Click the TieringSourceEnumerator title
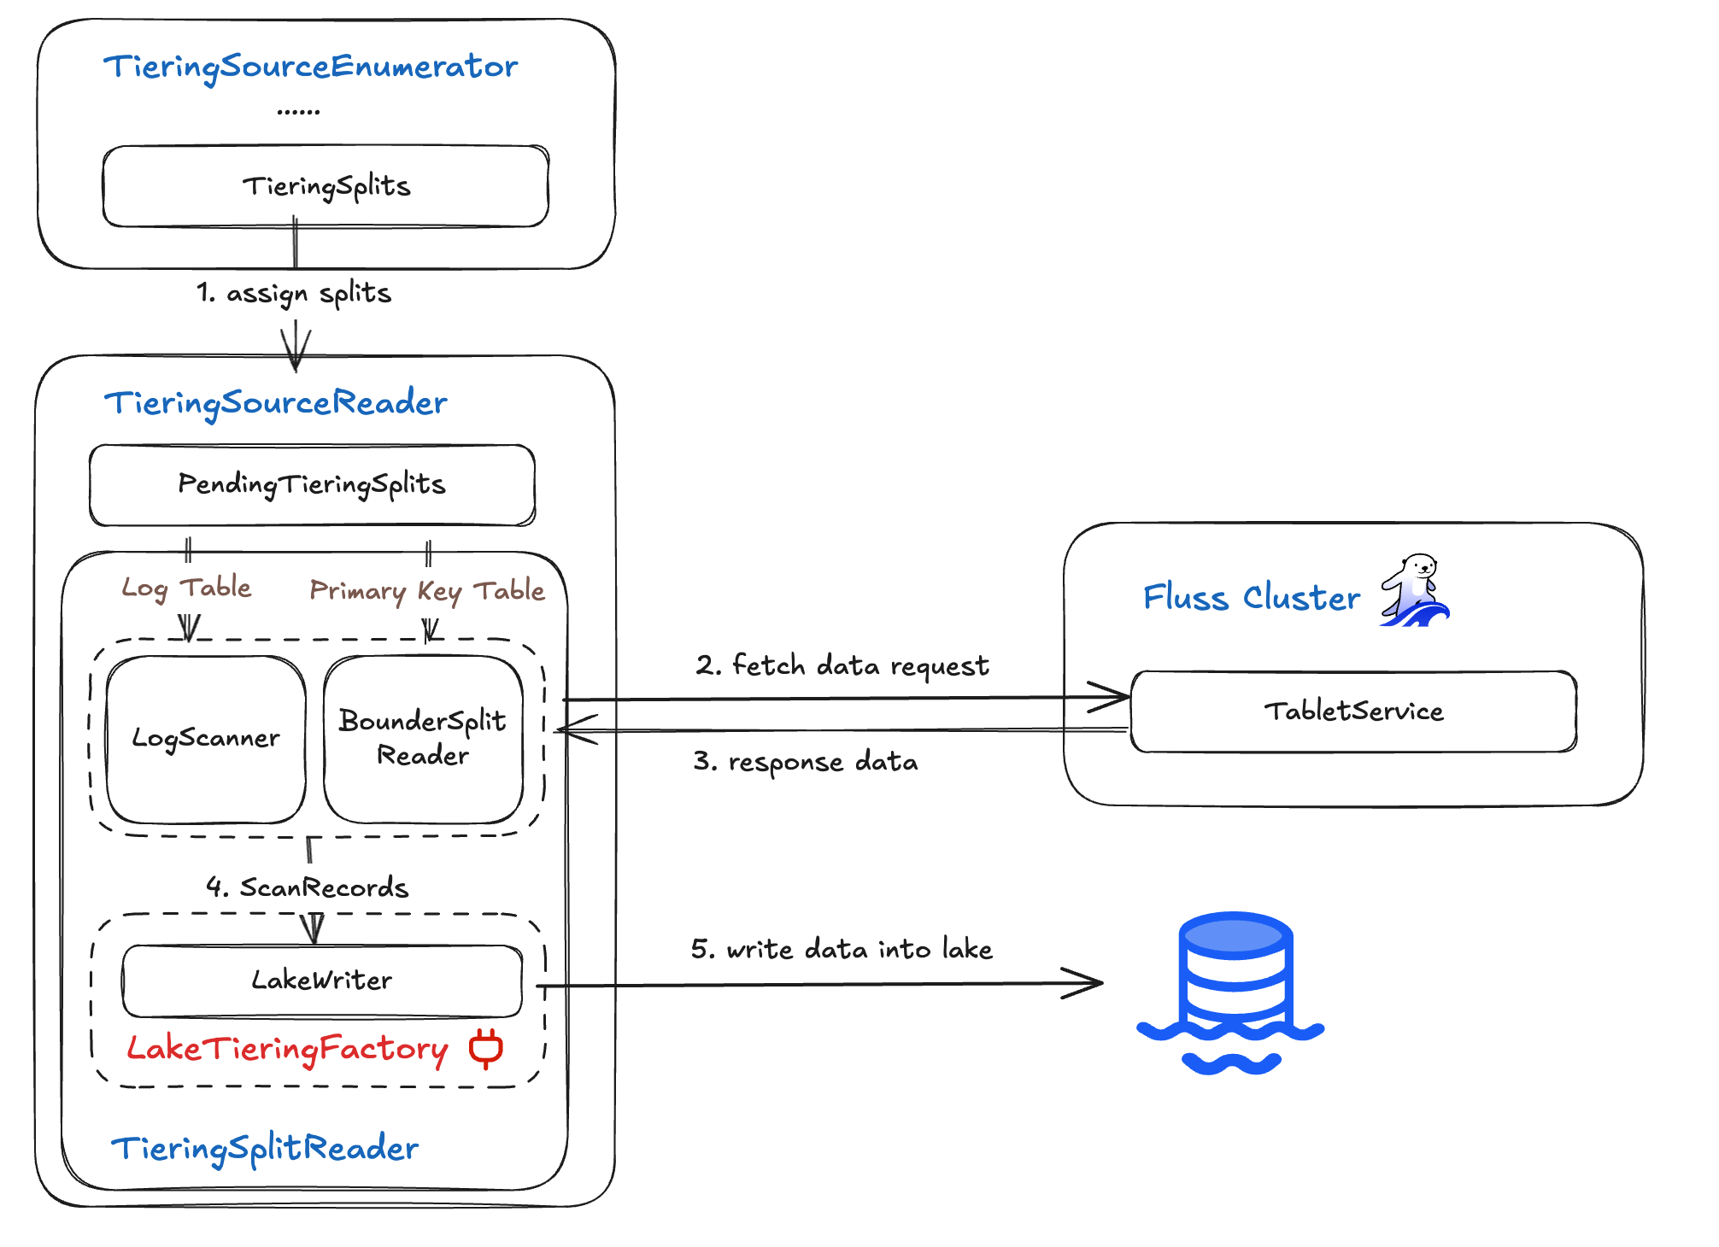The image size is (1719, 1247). point(310,67)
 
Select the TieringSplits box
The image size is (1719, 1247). point(326,186)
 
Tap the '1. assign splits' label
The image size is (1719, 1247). point(294,293)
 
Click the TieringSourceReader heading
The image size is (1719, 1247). point(275,402)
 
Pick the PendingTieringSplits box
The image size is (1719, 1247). point(312,484)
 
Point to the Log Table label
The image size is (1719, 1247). point(186,588)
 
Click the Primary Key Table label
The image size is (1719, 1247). point(426,590)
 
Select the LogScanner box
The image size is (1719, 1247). point(206,739)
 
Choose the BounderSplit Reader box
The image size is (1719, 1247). point(423,739)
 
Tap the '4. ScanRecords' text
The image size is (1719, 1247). point(308,887)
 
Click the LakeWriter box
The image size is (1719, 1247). point(322,981)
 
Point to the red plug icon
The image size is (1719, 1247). point(486,1048)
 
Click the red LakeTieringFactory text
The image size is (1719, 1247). point(287,1049)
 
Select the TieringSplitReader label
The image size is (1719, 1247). point(265,1149)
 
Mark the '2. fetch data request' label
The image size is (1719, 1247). point(842,665)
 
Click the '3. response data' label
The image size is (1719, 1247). point(806,761)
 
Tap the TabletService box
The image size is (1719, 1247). point(1353,711)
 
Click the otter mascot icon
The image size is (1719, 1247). point(1415,590)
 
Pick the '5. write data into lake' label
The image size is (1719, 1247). point(842,949)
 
